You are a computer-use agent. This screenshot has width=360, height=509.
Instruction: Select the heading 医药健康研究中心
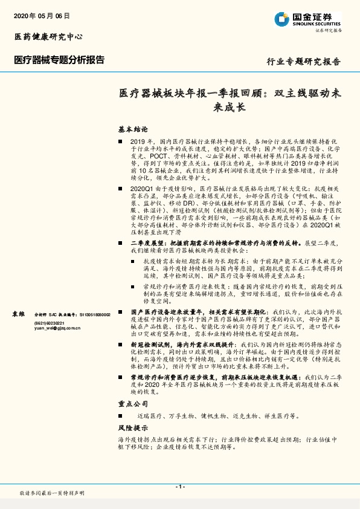click(48, 37)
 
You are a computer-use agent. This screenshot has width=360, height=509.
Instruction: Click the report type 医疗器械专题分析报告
click(59, 60)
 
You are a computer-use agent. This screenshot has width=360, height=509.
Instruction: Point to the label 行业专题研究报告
click(303, 62)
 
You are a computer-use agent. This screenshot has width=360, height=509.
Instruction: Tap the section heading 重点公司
click(133, 403)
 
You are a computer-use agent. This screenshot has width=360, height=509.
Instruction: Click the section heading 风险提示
click(133, 427)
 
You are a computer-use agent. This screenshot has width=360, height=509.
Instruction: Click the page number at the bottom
click(179, 486)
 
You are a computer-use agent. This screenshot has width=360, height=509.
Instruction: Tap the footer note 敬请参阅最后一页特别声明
click(52, 493)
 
